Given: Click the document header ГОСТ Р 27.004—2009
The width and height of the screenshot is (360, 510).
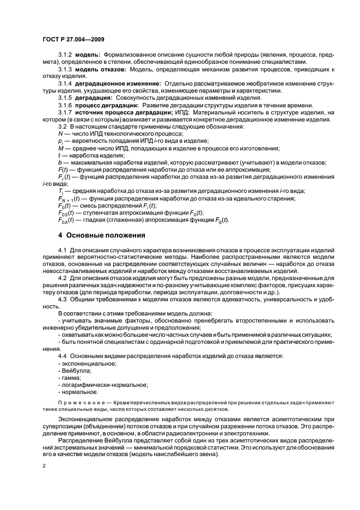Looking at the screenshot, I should point(74,39).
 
